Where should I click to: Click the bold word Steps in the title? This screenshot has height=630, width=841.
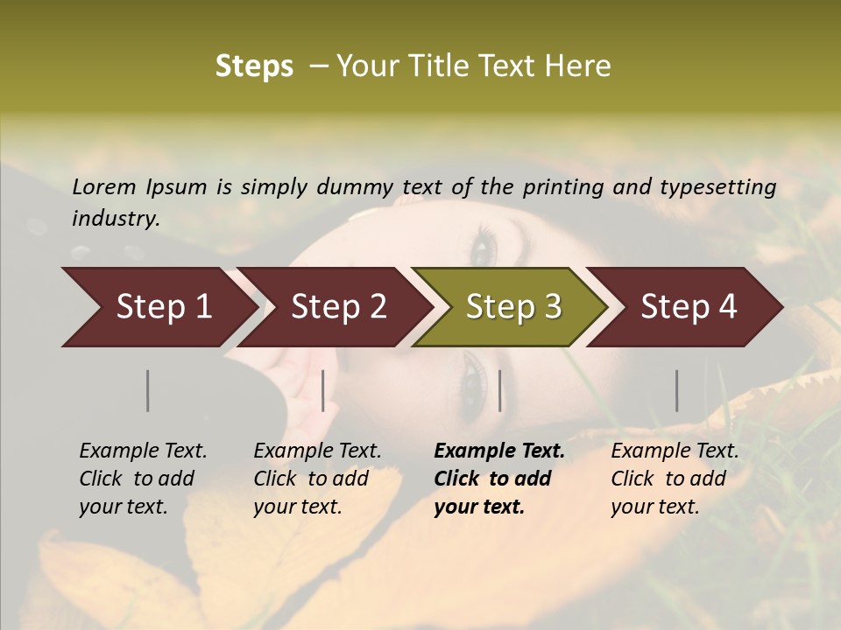pos(254,66)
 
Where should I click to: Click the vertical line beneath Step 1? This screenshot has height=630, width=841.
pos(147,390)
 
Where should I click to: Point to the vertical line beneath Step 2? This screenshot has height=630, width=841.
pos(323,390)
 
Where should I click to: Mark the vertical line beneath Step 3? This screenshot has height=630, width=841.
pos(499,390)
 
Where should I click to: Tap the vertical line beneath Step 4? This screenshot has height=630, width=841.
pos(677,390)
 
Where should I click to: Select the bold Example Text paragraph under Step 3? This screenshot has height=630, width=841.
pos(499,479)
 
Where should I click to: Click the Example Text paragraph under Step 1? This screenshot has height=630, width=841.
pos(143,479)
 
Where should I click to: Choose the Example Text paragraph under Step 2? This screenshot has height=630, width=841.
pos(317,479)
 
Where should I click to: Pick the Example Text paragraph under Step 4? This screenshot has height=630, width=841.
pos(675,479)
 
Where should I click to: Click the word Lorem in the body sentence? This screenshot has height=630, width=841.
pos(104,186)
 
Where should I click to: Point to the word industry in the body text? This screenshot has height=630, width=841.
pos(116,219)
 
